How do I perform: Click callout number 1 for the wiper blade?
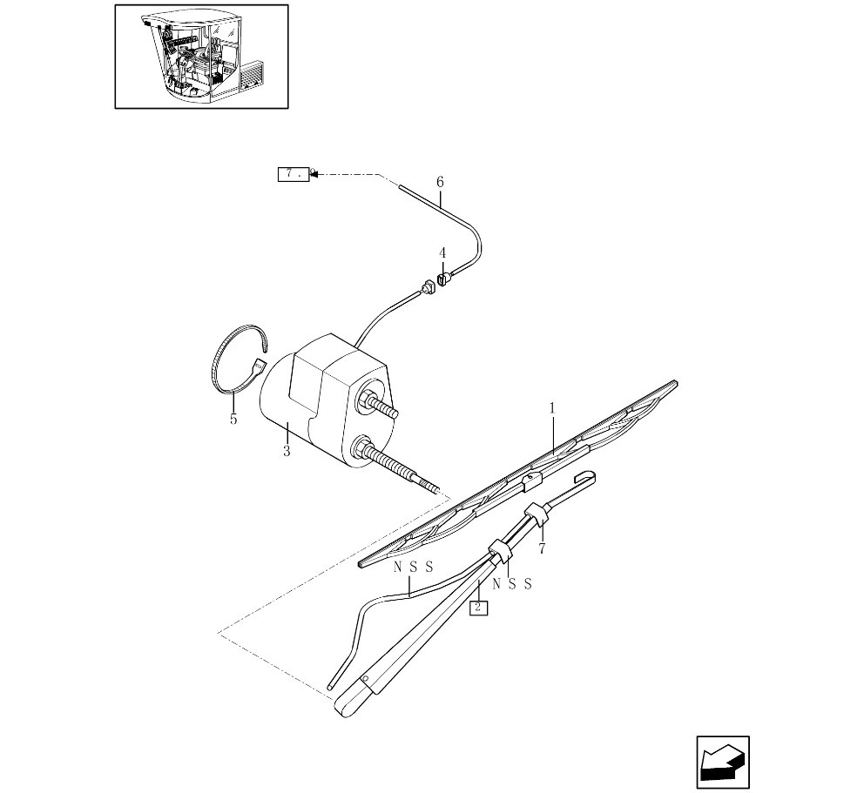coord(552,408)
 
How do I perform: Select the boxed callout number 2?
coord(478,607)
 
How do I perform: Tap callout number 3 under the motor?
coord(287,451)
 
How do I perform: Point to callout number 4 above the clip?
coord(442,253)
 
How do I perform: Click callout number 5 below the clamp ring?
coord(233,419)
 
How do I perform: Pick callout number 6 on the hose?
coord(440,182)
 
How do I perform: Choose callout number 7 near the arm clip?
coord(542,548)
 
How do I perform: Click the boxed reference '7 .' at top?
coord(294,174)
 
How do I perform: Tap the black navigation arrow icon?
coord(723,762)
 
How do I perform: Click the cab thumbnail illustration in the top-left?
coord(201,57)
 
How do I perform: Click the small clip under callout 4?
coord(442,279)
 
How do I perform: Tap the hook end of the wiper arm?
coord(585,477)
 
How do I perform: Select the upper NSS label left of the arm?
coord(413,567)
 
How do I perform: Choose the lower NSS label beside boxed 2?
coord(512,584)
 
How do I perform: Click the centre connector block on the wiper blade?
coord(533,481)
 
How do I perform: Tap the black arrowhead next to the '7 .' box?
coord(314,174)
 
